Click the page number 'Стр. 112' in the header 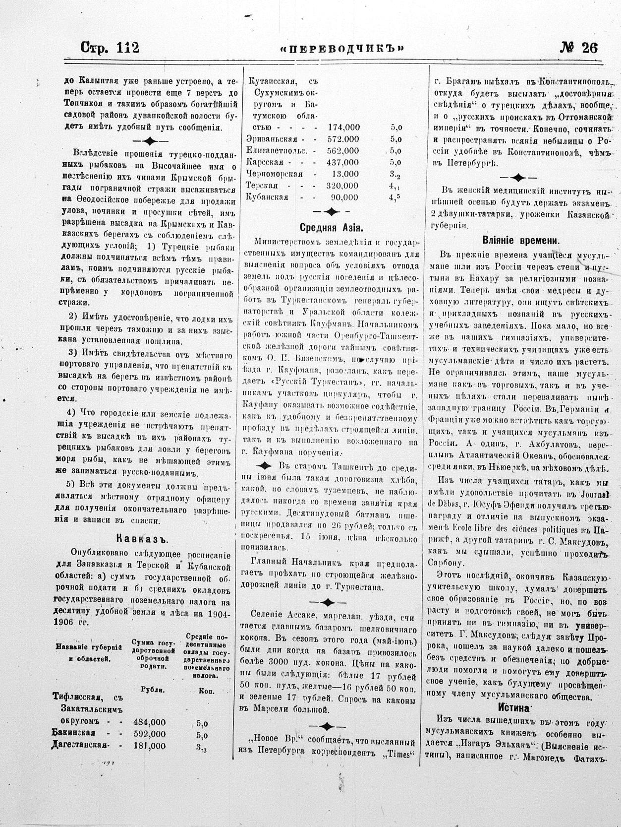[x=110, y=48]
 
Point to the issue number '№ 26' [x=579, y=48]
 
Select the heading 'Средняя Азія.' [x=331, y=228]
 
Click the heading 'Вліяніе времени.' [x=520, y=241]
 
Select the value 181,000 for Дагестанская [x=149, y=746]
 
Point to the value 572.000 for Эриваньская [x=343, y=139]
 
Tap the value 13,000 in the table [x=345, y=174]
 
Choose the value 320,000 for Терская [x=342, y=186]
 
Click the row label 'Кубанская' [x=268, y=197]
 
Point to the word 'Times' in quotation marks [x=398, y=755]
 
